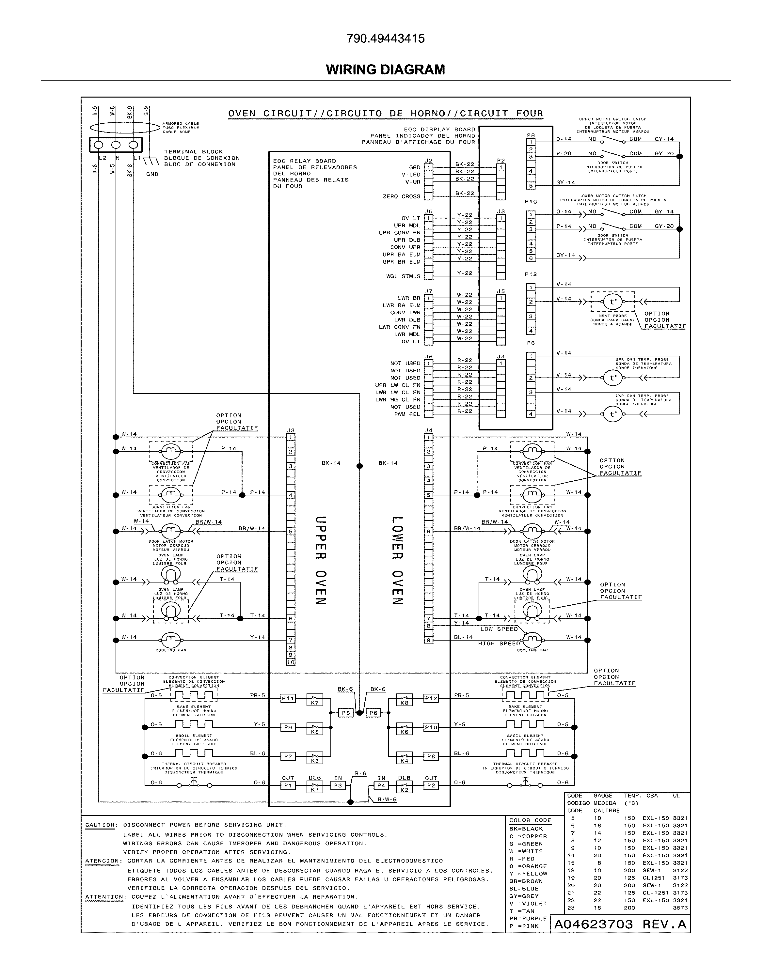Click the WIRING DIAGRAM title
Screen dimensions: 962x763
[x=385, y=70]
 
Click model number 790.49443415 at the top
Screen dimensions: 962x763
[x=385, y=39]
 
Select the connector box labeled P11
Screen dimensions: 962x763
[x=288, y=698]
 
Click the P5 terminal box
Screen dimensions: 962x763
[x=345, y=713]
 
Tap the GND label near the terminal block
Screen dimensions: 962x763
[x=152, y=174]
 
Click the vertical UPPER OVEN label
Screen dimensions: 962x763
[x=321, y=560]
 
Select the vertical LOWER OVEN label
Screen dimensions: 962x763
[x=397, y=560]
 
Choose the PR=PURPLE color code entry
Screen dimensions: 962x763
[x=528, y=918]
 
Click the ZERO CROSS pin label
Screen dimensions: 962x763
[x=401, y=196]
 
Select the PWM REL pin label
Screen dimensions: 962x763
[x=407, y=414]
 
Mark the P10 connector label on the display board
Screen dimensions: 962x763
[x=531, y=202]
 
